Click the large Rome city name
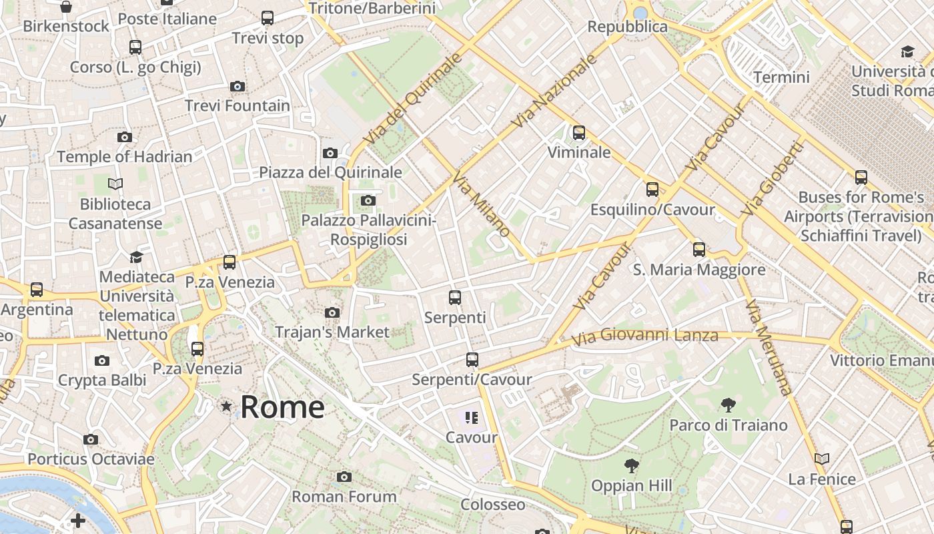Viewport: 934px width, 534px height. coord(282,407)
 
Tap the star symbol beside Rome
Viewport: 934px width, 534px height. coord(227,406)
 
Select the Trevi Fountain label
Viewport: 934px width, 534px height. coord(238,105)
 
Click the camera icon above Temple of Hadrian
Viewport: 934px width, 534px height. coord(125,138)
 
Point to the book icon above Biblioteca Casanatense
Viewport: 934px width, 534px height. coord(115,184)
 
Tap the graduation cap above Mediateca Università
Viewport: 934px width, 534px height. coord(136,257)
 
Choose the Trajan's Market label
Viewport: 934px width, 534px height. coord(332,332)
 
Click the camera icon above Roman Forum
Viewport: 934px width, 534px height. coord(344,477)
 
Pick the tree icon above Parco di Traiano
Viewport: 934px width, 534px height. coord(728,405)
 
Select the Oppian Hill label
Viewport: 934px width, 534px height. coord(631,485)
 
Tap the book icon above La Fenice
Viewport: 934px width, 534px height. coord(822,459)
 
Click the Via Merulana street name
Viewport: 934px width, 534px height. coord(767,348)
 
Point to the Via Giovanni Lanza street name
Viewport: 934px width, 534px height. coord(644,336)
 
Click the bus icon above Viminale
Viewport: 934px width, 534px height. coord(579,132)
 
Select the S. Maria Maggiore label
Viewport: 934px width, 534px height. coord(698,270)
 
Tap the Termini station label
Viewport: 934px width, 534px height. coord(781,77)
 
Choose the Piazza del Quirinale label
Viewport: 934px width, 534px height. coord(330,172)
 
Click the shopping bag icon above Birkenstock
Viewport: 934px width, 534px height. coord(66,7)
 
